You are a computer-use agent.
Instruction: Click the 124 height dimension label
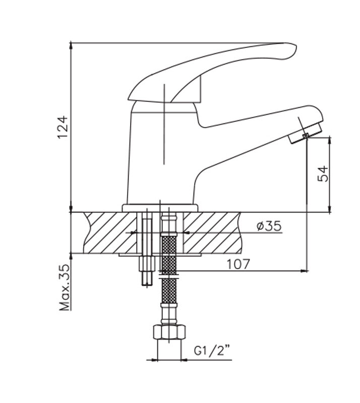coord(63,127)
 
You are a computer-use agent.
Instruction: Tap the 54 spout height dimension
coord(323,174)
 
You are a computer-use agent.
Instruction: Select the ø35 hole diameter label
coord(269,226)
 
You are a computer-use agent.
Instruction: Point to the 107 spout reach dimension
coord(238,264)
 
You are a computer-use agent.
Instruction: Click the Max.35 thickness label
coord(65,287)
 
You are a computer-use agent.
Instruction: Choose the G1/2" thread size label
coord(212,351)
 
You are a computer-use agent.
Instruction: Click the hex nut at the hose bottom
coord(169,332)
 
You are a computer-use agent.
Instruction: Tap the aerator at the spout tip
coord(305,133)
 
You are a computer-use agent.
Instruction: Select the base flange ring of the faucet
coord(160,208)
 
